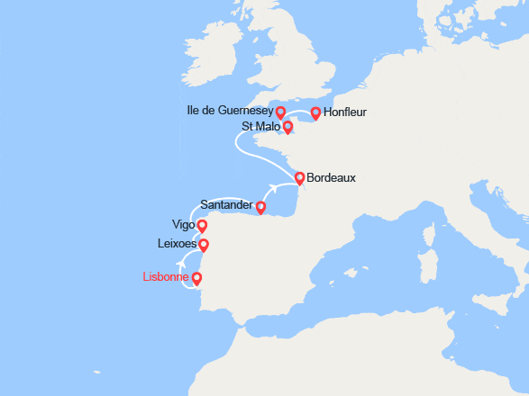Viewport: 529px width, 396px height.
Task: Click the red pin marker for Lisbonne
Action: coord(196,278)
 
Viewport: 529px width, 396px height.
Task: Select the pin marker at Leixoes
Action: coord(204,244)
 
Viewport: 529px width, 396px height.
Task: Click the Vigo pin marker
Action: coord(202,226)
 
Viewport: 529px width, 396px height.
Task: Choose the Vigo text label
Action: coord(182,225)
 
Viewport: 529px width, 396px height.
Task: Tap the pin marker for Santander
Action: coord(260,207)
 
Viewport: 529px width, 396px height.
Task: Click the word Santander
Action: coord(226,205)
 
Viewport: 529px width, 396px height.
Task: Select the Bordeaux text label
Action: coord(331,178)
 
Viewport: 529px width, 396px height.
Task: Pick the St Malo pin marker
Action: coord(287,127)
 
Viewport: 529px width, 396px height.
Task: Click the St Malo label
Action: coord(260,127)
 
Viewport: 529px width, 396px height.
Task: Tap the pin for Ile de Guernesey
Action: coord(280,112)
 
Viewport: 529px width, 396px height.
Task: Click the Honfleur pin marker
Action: coord(315,112)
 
